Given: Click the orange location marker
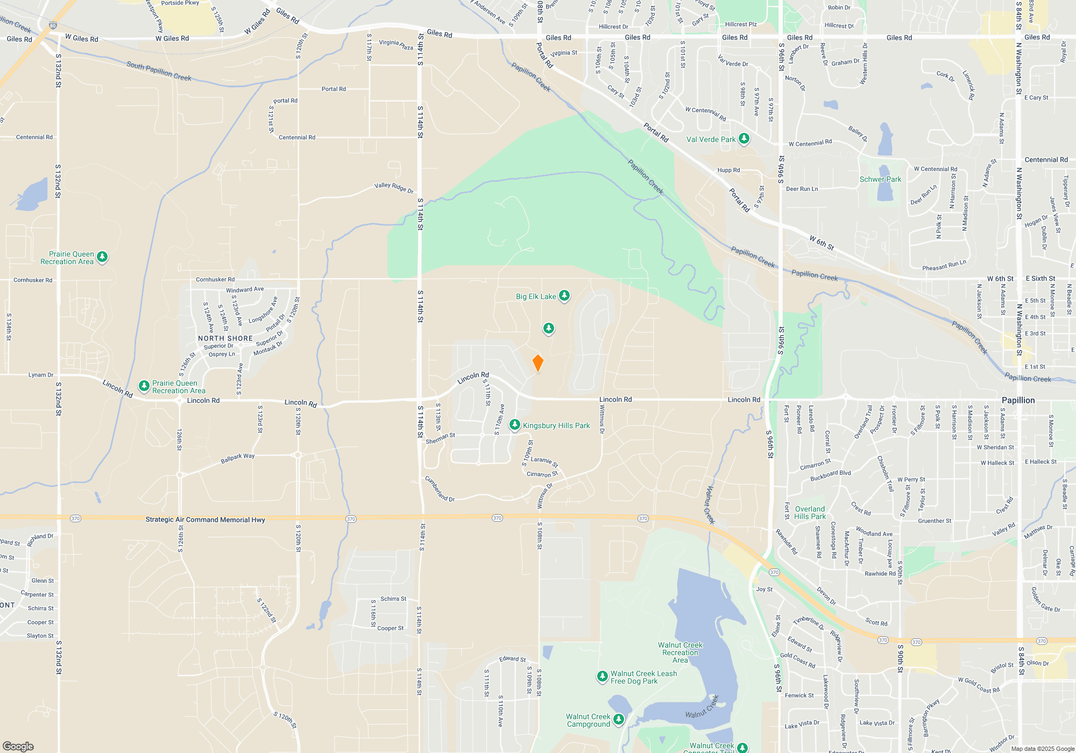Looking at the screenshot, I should pyautogui.click(x=537, y=363).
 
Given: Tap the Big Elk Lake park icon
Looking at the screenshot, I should pyautogui.click(x=564, y=295).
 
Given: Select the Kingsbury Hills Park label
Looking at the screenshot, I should pyautogui.click(x=556, y=425).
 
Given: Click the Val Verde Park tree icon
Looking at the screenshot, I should pyautogui.click(x=744, y=139).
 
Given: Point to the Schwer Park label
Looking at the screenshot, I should pyautogui.click(x=880, y=179).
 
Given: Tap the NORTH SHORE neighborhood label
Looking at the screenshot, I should pyautogui.click(x=225, y=338).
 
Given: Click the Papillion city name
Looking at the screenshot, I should pyautogui.click(x=1018, y=400).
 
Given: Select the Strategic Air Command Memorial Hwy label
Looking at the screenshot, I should pyautogui.click(x=205, y=520).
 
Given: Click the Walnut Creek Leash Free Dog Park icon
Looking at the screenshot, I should pyautogui.click(x=603, y=677).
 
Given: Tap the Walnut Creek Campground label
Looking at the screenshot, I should pyautogui.click(x=588, y=720).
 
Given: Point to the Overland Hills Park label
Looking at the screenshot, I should pyautogui.click(x=810, y=513).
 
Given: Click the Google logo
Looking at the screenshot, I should pyautogui.click(x=18, y=746).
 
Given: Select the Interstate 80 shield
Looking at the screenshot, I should pyautogui.click(x=52, y=25).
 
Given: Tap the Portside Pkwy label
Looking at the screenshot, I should pyautogui.click(x=180, y=3).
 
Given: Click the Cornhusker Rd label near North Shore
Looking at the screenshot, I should pyautogui.click(x=215, y=279).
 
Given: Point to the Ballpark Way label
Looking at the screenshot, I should pyautogui.click(x=237, y=458).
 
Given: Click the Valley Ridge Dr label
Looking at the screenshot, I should pyautogui.click(x=394, y=188).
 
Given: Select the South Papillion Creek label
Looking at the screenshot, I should pyautogui.click(x=159, y=71).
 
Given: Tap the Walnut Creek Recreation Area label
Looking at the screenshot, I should pyautogui.click(x=680, y=652).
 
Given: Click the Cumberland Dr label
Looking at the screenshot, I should pyautogui.click(x=440, y=489).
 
